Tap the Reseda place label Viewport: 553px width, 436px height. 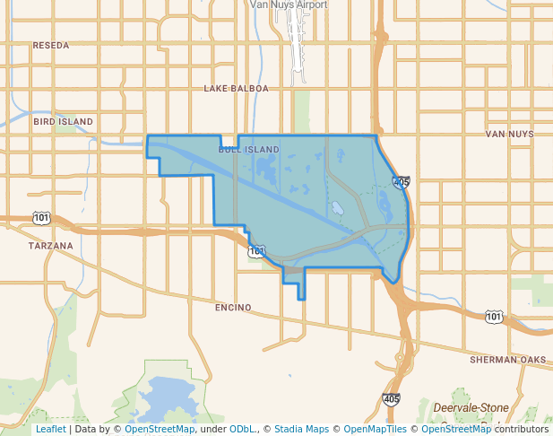50,45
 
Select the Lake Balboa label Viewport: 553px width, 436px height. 236,89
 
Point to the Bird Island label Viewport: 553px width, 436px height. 63,120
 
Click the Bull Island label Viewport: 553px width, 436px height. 248,149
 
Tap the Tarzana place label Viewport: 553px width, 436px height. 50,245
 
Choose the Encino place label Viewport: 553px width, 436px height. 233,308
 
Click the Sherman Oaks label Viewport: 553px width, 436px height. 507,360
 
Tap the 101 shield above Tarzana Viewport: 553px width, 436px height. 41,218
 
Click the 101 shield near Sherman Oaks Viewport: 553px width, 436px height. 494,317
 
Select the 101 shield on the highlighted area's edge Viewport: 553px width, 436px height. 257,251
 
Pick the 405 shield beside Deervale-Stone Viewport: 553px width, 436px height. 391,398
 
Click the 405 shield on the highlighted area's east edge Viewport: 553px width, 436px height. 402,182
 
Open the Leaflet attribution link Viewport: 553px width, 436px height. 50,430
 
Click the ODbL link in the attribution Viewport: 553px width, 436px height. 242,430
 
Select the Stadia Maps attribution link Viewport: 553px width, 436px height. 301,430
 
